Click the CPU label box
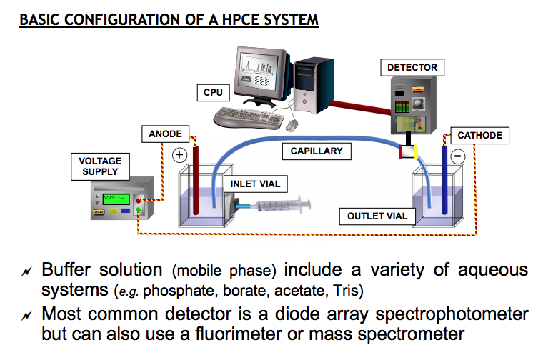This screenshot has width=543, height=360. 213,93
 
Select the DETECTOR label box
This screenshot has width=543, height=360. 412,68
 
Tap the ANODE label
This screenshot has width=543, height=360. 166,134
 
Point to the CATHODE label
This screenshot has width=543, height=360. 479,135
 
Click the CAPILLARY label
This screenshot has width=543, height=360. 317,151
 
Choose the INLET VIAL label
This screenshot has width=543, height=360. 255,184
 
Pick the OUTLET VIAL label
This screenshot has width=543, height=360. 377,216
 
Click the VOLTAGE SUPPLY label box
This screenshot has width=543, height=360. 100,166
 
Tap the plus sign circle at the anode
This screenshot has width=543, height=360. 179,154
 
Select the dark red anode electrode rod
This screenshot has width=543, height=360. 196,179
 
